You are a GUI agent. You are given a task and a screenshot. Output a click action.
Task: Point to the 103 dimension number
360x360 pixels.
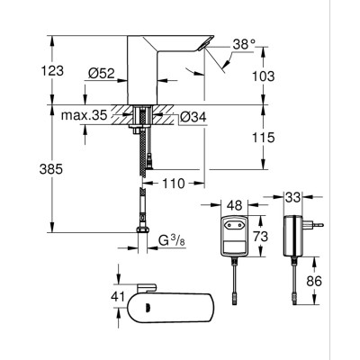tap(286, 78)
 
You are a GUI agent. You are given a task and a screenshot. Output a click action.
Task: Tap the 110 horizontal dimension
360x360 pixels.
tap(173, 184)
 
